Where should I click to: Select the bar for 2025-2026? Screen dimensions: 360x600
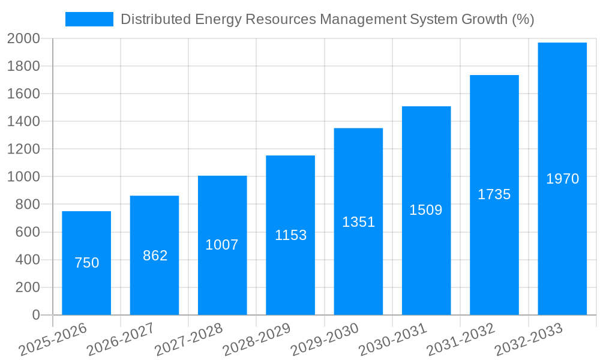[x=86, y=288]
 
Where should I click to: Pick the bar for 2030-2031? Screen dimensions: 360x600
[x=426, y=258]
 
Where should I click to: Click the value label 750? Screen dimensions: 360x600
[x=86, y=263]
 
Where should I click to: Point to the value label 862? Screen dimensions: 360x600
[x=155, y=256]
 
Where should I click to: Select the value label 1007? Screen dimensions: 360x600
[x=222, y=245]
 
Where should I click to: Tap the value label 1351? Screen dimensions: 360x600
[x=358, y=222]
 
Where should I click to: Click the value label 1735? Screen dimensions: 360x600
[x=494, y=194]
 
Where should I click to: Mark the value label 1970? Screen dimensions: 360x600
[x=562, y=179]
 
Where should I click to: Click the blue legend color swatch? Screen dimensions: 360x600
[x=89, y=19]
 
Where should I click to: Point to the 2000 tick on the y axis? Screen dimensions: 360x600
[x=23, y=39]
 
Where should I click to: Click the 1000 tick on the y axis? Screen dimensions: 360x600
[x=23, y=177]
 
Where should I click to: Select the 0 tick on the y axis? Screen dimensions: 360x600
[x=35, y=315]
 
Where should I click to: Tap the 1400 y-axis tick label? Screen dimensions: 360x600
[x=23, y=122]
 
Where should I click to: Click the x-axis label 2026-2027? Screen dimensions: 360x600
[x=121, y=340]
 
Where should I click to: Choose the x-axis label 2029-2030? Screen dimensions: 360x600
[x=325, y=340]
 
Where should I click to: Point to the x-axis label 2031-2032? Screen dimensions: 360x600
[x=461, y=340]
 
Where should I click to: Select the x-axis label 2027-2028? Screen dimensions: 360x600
[x=189, y=340]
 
